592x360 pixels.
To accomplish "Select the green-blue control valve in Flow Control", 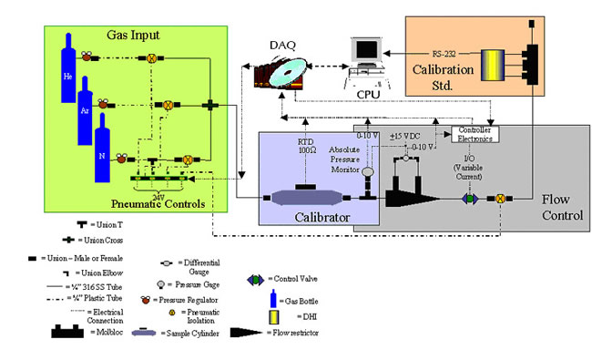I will click(x=471, y=196).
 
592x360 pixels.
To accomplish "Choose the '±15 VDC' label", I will click(x=405, y=137).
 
